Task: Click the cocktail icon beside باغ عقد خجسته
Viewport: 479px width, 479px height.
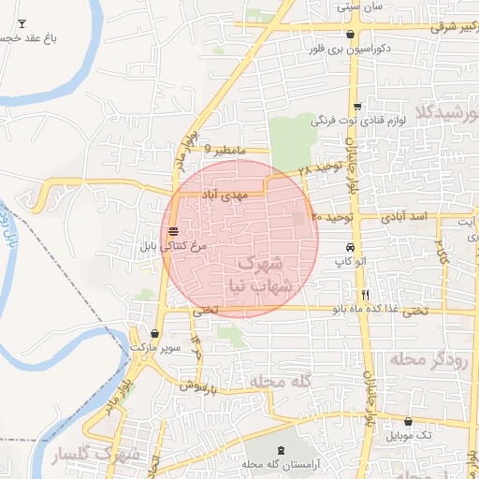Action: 22,21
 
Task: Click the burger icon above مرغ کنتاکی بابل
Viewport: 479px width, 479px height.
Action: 174,231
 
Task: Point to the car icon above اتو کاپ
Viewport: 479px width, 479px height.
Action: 349,248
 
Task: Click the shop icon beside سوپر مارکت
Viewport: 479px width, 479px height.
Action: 154,333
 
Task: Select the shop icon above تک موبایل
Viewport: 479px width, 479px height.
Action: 410,421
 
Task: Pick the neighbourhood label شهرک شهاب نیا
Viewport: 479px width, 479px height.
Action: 256,274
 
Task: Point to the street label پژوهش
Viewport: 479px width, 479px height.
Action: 199,385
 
